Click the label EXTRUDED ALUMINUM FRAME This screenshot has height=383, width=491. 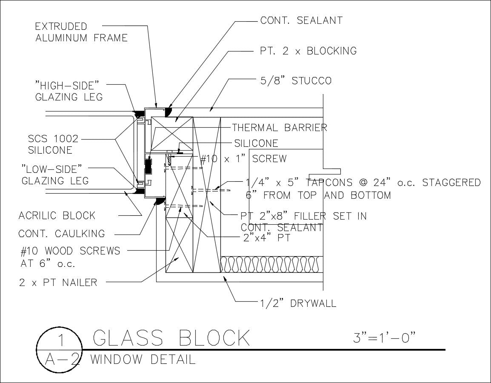click(81, 32)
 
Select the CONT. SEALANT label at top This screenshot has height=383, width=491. click(301, 20)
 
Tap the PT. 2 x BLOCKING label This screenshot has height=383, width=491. click(308, 51)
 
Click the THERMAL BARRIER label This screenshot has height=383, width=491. click(280, 127)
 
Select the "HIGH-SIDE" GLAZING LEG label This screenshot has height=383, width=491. click(69, 91)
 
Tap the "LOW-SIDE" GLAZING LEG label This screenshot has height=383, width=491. click(55, 175)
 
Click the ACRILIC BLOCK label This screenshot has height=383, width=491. click(57, 216)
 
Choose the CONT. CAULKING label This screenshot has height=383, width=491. click(62, 234)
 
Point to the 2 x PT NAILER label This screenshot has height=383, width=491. click(58, 282)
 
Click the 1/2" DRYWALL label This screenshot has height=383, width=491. click(298, 303)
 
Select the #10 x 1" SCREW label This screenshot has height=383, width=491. click(243, 159)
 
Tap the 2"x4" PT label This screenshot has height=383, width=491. click(267, 237)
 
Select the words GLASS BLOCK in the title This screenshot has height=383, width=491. click(171, 338)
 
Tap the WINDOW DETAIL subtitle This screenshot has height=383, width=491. click(143, 360)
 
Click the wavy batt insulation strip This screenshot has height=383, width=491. click(271, 265)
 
